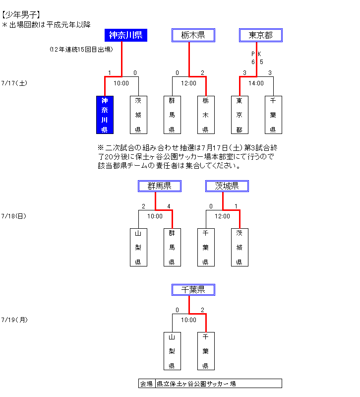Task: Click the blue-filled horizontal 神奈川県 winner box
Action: (x=126, y=35)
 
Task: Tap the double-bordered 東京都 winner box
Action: (x=260, y=35)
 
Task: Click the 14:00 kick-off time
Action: (x=256, y=83)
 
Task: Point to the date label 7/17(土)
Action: (x=14, y=83)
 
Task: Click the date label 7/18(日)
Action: (x=14, y=216)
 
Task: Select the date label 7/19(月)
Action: (x=14, y=320)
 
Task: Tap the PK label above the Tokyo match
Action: (x=256, y=54)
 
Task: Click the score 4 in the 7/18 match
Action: (x=169, y=206)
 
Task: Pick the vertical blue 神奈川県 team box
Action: (x=105, y=115)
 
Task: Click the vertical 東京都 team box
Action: (x=240, y=115)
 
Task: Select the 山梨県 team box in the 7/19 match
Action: (x=172, y=351)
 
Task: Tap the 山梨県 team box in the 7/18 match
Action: (x=138, y=247)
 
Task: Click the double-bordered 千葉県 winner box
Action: (x=193, y=290)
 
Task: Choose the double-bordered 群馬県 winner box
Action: (x=159, y=186)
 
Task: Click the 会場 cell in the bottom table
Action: (x=146, y=384)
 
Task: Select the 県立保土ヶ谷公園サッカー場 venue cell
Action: (x=218, y=384)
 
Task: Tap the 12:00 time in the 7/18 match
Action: (x=223, y=216)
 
